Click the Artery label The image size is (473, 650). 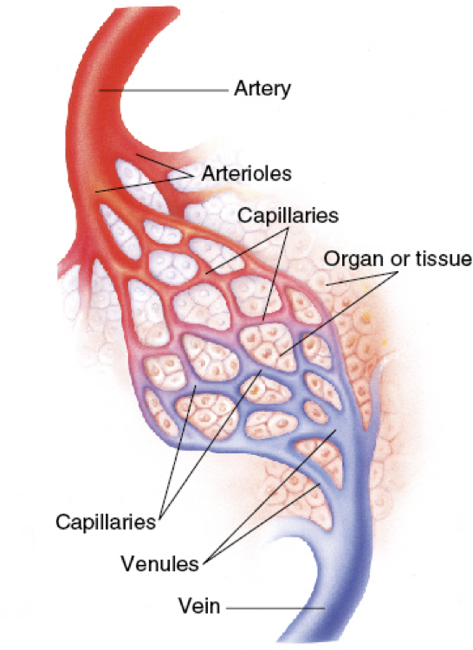coord(262,88)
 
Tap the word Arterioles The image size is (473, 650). coord(246,173)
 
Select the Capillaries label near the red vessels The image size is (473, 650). coord(288,216)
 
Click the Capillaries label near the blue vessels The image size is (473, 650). coord(106,522)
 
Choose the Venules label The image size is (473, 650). coord(160,564)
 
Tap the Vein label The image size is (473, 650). coord(199,606)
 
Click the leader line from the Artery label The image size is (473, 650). coord(164,90)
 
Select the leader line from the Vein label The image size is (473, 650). coord(275,608)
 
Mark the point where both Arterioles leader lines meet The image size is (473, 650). coord(194,176)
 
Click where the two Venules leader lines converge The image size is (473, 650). coord(204,562)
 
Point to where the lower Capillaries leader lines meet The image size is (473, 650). coord(159,518)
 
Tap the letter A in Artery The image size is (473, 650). coord(241,88)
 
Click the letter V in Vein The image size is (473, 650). coord(186,606)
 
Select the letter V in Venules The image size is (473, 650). coord(128,564)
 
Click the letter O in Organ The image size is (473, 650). coord(332,258)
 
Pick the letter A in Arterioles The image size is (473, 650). coord(208,173)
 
